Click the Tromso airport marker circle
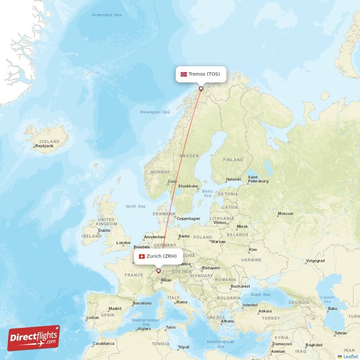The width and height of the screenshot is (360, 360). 201,89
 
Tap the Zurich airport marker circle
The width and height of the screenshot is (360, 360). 158,271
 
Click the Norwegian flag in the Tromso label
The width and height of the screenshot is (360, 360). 184,74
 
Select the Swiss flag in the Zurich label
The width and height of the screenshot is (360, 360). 142,256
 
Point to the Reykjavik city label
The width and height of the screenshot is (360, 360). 44,146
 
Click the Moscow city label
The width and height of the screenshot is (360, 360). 285,213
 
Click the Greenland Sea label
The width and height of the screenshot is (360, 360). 107,15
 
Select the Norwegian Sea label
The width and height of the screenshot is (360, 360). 155,112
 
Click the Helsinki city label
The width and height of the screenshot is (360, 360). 234,180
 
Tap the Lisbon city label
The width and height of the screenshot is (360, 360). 92,317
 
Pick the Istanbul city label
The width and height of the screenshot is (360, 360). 250,305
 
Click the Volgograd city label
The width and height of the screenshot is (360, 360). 315,261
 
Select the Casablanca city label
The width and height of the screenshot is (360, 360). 103,344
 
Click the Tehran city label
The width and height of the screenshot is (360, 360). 341,333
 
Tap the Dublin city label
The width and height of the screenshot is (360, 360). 104,230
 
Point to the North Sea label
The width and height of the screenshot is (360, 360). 135,207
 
